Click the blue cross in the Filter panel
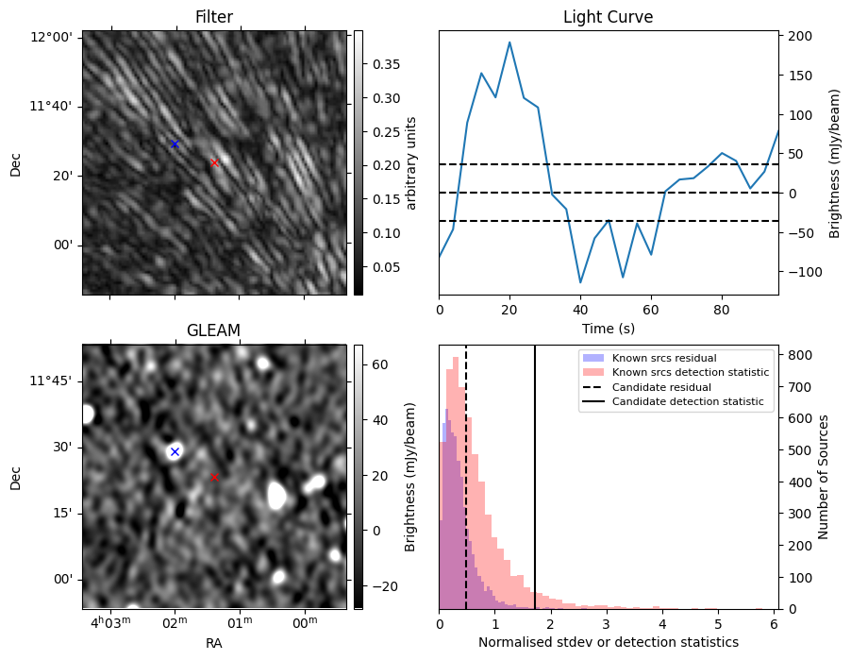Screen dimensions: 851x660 click(x=175, y=144)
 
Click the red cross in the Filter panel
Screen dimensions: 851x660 click(x=214, y=163)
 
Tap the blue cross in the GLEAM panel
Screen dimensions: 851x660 click(x=175, y=451)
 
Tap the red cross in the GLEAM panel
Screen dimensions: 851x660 click(x=214, y=477)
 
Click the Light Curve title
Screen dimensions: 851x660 click(x=608, y=17)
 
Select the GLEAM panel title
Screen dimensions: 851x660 click(x=213, y=330)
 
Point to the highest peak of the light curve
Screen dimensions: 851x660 click(x=509, y=42)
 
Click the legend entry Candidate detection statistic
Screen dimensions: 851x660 click(x=688, y=401)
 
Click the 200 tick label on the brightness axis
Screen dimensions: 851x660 click(x=801, y=37)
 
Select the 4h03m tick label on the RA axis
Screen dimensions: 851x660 click(x=110, y=622)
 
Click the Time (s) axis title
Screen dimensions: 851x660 click(x=609, y=328)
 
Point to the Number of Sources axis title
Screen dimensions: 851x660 click(x=823, y=477)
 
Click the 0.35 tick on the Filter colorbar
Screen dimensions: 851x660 click(x=386, y=64)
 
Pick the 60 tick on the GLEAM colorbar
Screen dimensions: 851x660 click(x=380, y=364)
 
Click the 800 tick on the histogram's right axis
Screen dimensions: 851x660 click(x=801, y=355)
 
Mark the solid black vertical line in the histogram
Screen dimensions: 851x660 click(x=535, y=477)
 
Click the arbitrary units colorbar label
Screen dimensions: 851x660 click(x=410, y=163)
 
